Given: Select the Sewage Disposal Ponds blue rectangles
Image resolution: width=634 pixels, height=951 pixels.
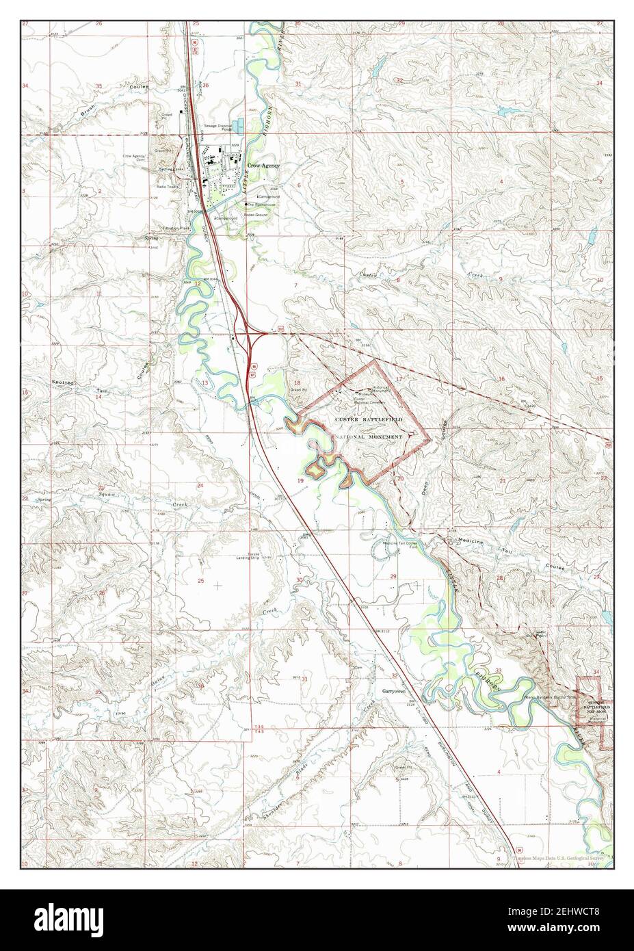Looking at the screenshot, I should tap(236, 127).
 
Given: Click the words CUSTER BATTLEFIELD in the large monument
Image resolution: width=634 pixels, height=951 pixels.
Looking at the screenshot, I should tap(369, 418).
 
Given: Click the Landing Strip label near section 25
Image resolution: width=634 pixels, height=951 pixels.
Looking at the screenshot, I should tap(256, 556).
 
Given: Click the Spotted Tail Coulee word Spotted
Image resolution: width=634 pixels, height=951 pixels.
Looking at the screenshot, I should tap(65, 380).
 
